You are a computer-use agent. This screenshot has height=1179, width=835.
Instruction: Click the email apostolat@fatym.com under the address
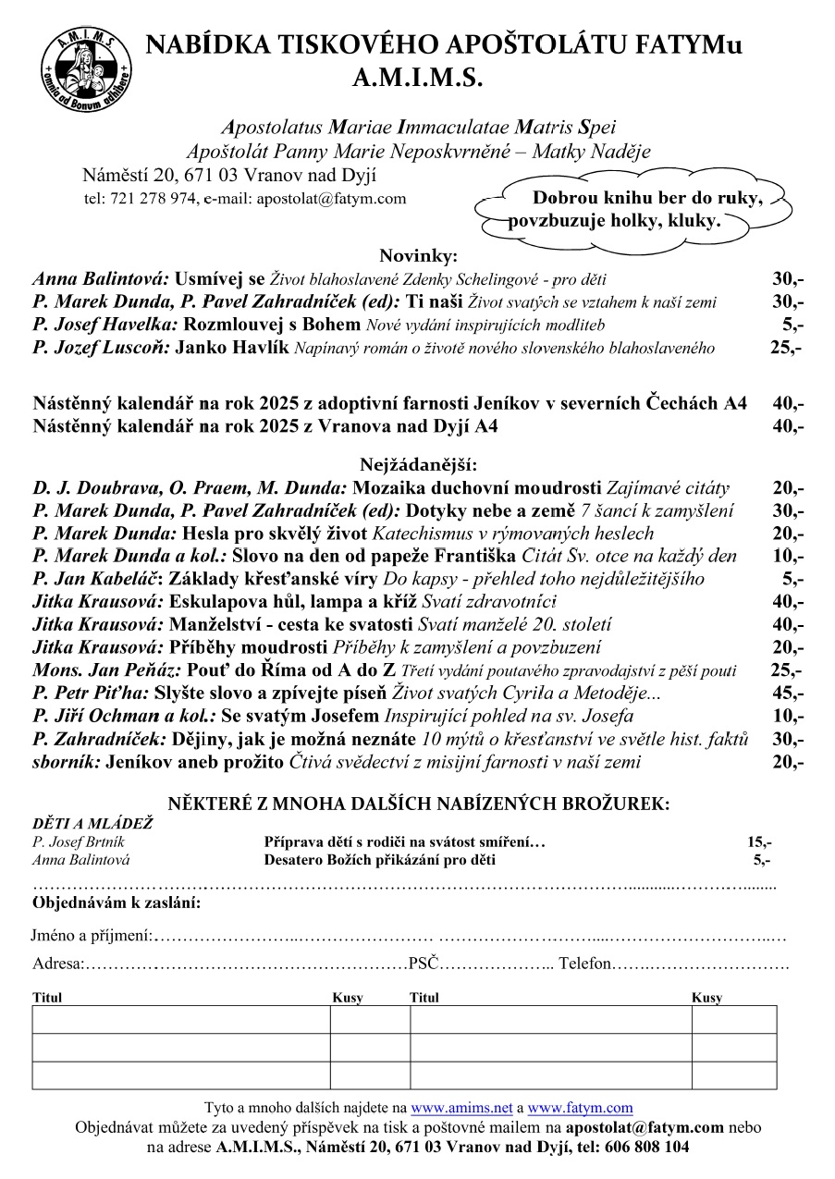click(x=331, y=198)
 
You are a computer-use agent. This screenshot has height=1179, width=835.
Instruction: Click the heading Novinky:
click(x=418, y=256)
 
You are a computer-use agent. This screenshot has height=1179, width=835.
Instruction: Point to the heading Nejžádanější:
click(x=417, y=464)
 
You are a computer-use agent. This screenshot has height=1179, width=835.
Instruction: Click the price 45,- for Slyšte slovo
click(x=787, y=694)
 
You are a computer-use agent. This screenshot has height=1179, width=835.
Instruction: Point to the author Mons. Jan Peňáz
click(x=106, y=670)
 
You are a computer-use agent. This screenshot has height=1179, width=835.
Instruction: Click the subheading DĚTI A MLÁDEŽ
click(x=92, y=823)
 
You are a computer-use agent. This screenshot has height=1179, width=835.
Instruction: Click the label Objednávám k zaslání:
click(x=117, y=902)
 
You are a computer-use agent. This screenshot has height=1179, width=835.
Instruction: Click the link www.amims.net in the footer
click(x=461, y=1108)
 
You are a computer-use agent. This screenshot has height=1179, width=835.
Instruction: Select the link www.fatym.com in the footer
click(x=580, y=1108)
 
